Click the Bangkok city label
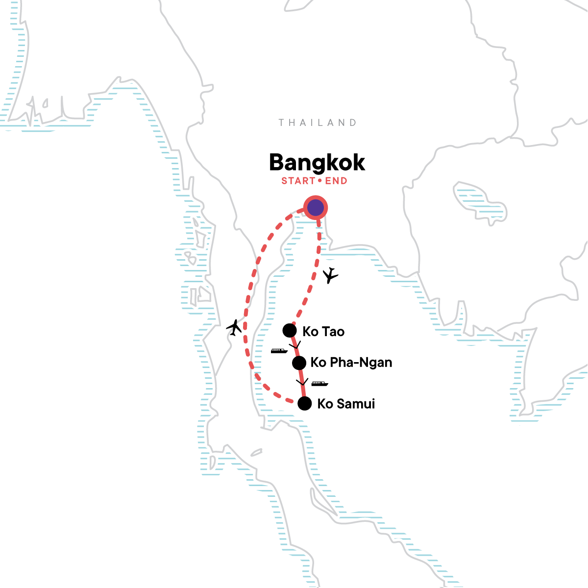point(317,163)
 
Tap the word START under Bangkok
point(298,181)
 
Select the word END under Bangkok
point(336,181)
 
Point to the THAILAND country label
point(318,122)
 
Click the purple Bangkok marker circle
point(316,208)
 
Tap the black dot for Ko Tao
point(290,331)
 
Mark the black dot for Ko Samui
point(305,403)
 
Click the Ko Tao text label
point(323,332)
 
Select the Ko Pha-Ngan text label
point(351,363)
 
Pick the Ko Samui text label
point(346,404)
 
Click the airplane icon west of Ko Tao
point(235,327)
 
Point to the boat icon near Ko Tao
point(279,351)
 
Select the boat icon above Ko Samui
point(319,384)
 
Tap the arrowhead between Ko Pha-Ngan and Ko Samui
point(302,381)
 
